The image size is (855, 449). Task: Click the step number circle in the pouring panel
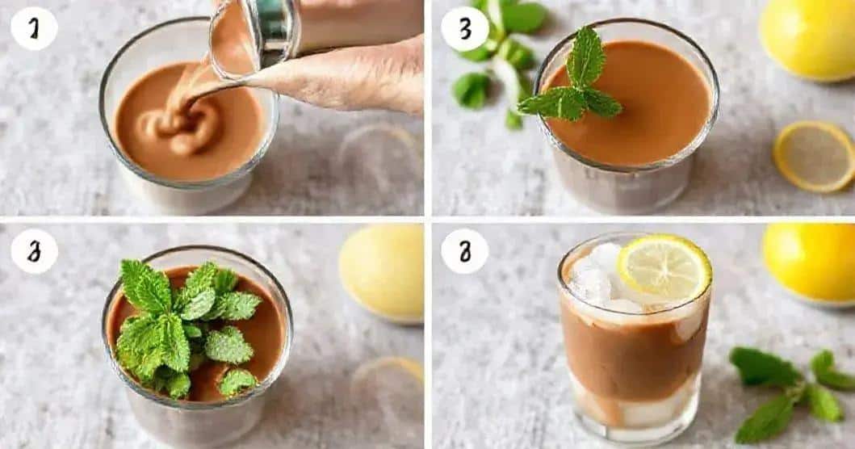pos(34,29)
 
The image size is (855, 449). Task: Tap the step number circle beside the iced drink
pos(464,251)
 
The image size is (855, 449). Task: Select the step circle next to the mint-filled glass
pos(34,251)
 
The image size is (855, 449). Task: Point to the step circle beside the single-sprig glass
pos(464,29)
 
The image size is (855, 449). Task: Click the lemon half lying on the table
pos(813,156)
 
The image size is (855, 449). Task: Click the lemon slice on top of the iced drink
pos(664,267)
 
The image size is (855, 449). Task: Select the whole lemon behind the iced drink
pos(809,260)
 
